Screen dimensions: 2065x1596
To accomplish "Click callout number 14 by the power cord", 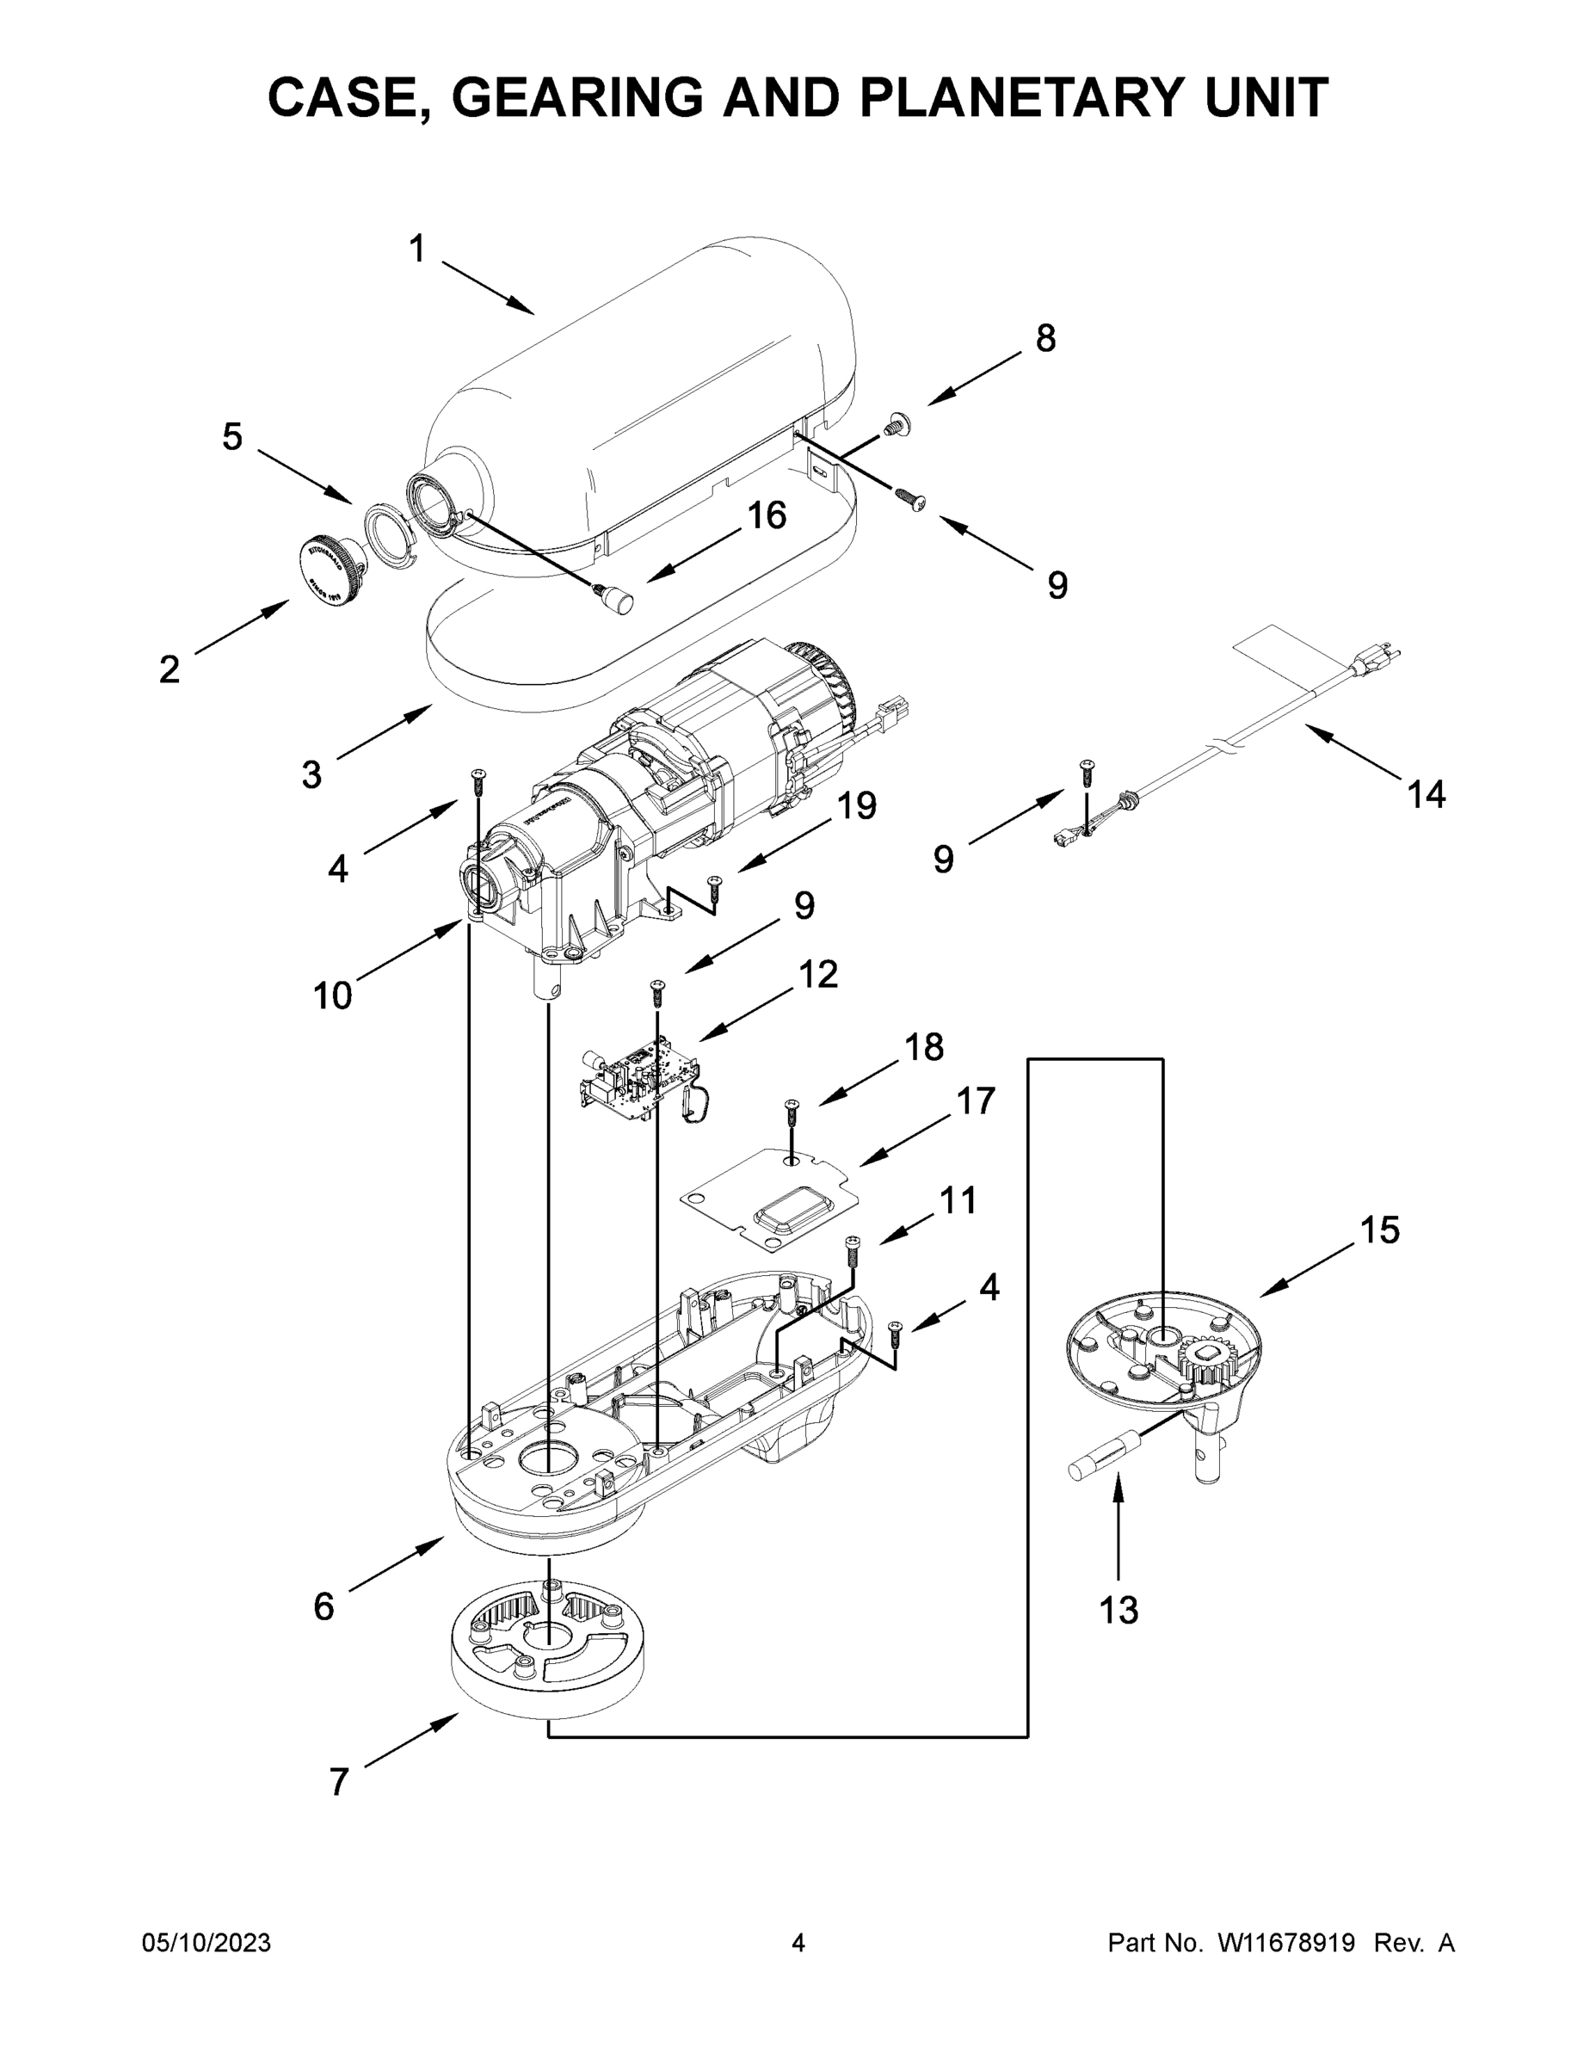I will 1426,795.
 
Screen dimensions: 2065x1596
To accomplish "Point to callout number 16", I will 767,515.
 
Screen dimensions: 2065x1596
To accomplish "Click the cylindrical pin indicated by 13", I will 1106,1458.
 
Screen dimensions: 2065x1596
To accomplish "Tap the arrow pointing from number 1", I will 487,287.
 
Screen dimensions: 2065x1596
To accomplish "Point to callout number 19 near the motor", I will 857,805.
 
